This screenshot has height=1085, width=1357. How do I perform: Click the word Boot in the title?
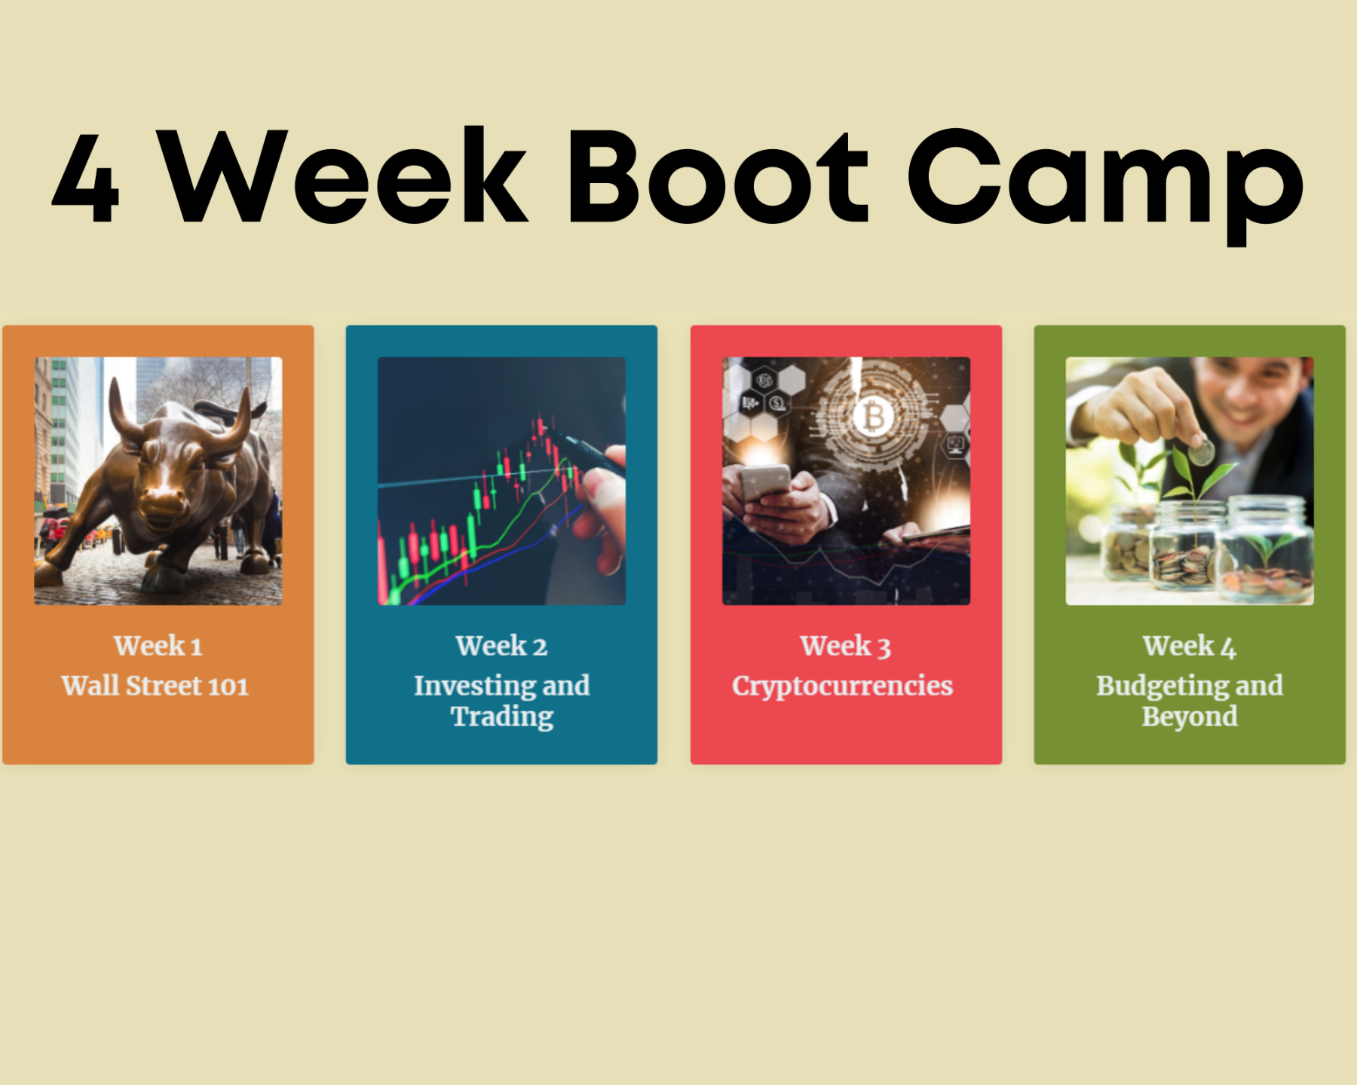[x=718, y=177]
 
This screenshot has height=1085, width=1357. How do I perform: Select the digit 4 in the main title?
[x=86, y=179]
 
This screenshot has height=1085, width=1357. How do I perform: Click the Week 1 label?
[x=158, y=646]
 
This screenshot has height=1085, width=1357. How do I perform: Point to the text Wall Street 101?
[x=155, y=686]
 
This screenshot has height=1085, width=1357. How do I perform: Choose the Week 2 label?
[x=501, y=646]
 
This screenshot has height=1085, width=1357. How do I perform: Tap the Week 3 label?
[x=846, y=646]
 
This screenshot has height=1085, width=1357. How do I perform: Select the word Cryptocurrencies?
[x=843, y=686]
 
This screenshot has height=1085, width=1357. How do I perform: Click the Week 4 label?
[x=1190, y=646]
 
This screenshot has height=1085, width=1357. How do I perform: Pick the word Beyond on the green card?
[x=1190, y=717]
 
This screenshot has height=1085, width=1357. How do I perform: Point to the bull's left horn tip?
[x=113, y=381]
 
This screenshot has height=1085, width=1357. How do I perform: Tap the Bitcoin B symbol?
[x=874, y=416]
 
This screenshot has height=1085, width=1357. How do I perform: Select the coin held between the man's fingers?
[x=1201, y=452]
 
